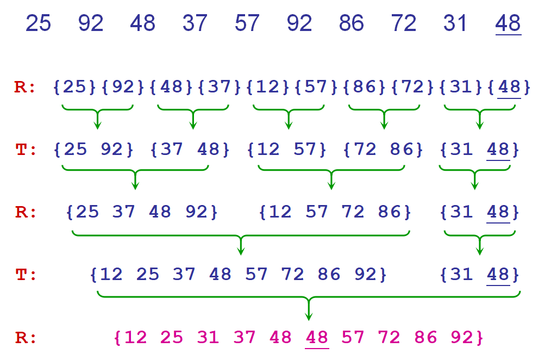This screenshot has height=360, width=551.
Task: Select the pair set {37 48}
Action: click(x=190, y=150)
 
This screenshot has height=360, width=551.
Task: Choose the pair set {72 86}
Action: click(x=384, y=150)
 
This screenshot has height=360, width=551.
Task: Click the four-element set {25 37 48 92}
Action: click(x=141, y=212)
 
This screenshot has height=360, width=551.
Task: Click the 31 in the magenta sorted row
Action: click(x=208, y=338)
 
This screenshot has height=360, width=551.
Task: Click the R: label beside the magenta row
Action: click(x=25, y=338)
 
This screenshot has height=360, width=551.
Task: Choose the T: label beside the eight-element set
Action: click(x=25, y=275)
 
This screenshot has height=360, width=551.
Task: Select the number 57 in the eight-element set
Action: click(x=256, y=275)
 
